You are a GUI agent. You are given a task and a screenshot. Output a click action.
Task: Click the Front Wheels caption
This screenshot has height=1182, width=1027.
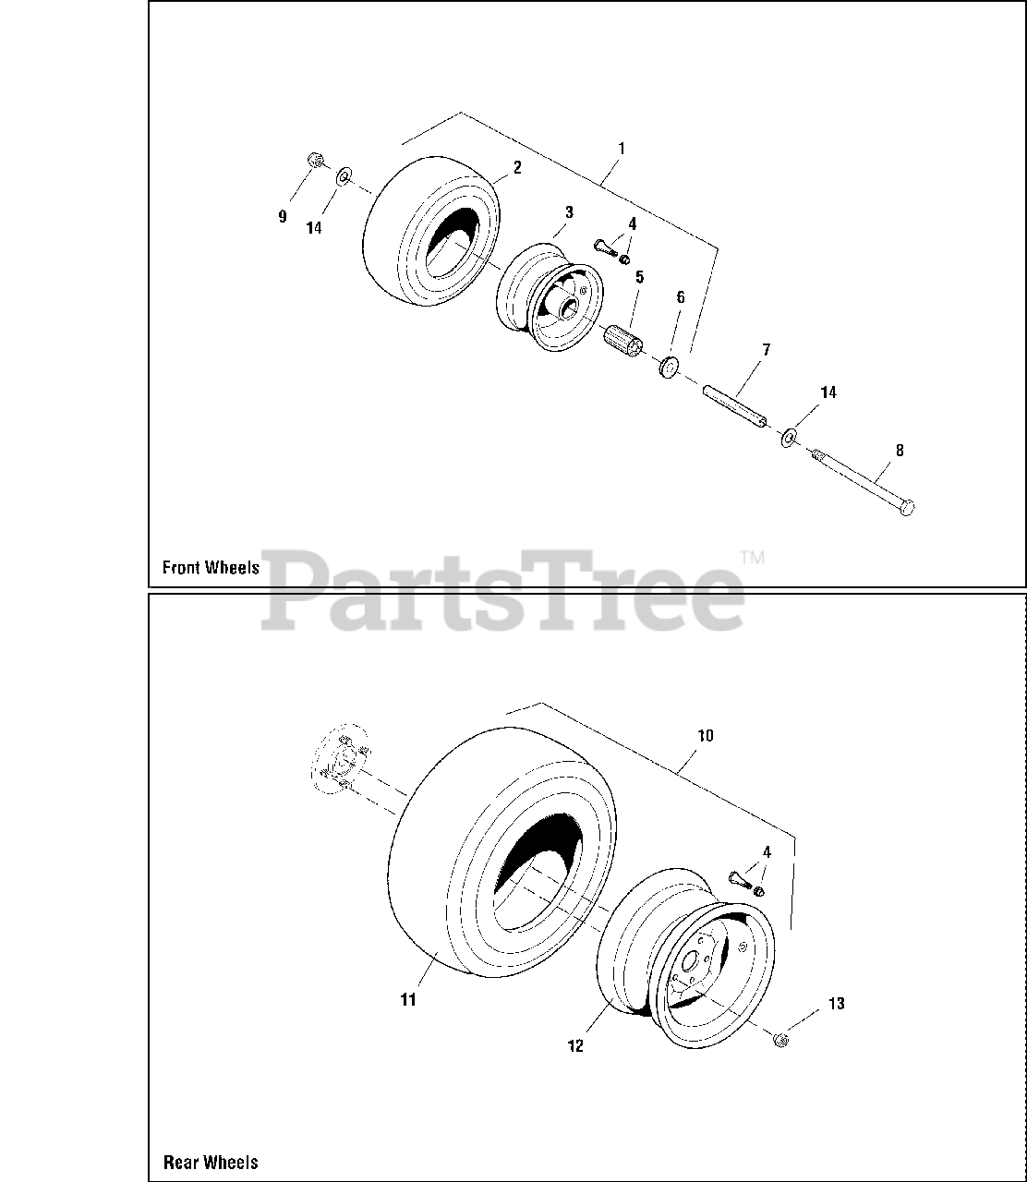coord(211,567)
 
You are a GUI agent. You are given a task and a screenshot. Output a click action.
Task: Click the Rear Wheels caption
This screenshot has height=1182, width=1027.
coord(211,1162)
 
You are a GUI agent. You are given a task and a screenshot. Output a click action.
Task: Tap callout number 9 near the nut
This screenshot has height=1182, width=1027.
coord(283,217)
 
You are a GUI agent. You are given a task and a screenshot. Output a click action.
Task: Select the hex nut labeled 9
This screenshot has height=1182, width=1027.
coord(314,160)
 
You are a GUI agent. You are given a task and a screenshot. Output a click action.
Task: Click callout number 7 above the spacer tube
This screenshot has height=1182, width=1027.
coord(767,349)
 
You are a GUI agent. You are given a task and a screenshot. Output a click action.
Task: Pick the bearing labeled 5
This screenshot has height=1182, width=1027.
coord(622,342)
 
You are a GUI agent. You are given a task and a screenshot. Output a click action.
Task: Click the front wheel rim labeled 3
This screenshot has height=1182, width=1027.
coord(549,297)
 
